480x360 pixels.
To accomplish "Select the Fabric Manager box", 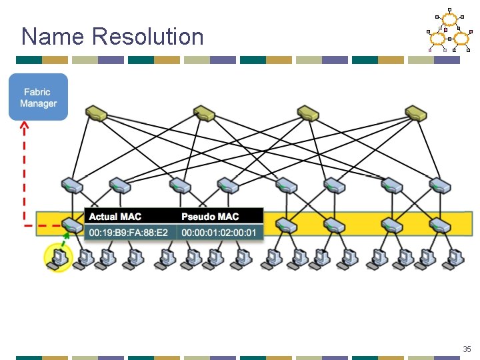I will [x=38, y=97].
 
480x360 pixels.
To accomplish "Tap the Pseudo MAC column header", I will [x=210, y=217].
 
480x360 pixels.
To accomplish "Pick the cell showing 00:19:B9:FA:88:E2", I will [x=131, y=232].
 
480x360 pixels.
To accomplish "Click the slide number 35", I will [x=466, y=349].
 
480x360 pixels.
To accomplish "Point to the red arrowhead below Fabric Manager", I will [x=24, y=125].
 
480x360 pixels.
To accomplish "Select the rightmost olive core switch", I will [x=415, y=113].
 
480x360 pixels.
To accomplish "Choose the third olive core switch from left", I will [x=309, y=113].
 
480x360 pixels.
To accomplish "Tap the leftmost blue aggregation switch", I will [x=71, y=184].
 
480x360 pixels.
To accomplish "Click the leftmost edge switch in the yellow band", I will [x=70, y=225].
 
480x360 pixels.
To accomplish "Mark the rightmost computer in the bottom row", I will [x=455, y=257].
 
